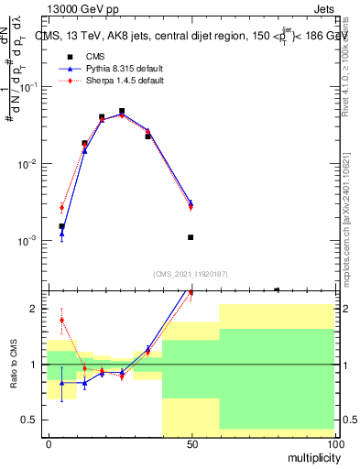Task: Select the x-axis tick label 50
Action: [191, 444]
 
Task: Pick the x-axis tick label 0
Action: [49, 444]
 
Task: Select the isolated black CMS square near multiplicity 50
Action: [191, 237]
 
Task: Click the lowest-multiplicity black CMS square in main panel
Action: [61, 226]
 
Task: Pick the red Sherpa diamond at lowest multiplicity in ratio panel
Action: [61, 321]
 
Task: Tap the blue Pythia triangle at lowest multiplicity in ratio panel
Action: [61, 382]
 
